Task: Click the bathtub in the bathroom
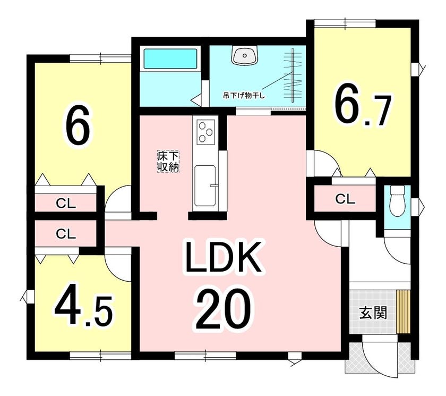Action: click(170, 59)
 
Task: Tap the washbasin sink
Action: click(245, 55)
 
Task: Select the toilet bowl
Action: click(397, 201)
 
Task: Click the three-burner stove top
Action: click(205, 131)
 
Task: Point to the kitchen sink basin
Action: click(205, 186)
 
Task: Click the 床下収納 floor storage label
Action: click(168, 162)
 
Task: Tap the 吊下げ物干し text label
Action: click(244, 96)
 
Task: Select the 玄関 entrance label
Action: click(373, 313)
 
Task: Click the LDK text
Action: click(222, 257)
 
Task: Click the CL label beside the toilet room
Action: click(345, 199)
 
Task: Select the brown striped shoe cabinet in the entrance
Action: click(404, 311)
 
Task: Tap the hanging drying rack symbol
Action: click(293, 75)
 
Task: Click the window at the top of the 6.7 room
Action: click(345, 23)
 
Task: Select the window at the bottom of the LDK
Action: click(205, 356)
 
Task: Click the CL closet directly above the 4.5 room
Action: click(66, 234)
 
